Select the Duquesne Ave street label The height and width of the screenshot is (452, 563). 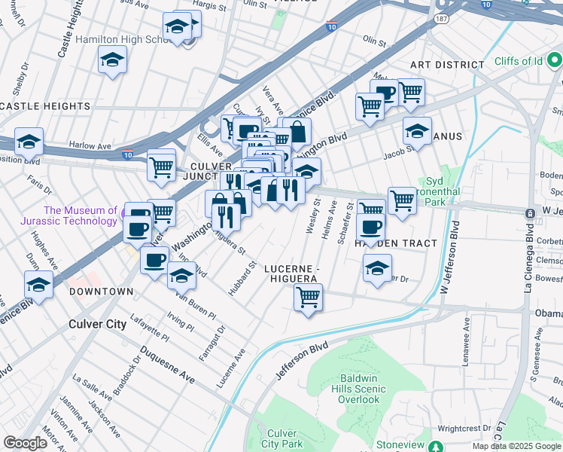pyautogui.click(x=166, y=365)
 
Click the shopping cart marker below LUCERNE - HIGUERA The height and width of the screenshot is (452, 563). pyautogui.click(x=308, y=298)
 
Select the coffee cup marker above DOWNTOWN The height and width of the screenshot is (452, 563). pyautogui.click(x=154, y=261)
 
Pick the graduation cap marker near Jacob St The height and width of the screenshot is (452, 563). pyautogui.click(x=417, y=131)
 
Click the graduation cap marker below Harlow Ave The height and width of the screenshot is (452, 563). pyautogui.click(x=29, y=142)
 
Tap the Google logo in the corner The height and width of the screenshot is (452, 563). pyautogui.click(x=26, y=443)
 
